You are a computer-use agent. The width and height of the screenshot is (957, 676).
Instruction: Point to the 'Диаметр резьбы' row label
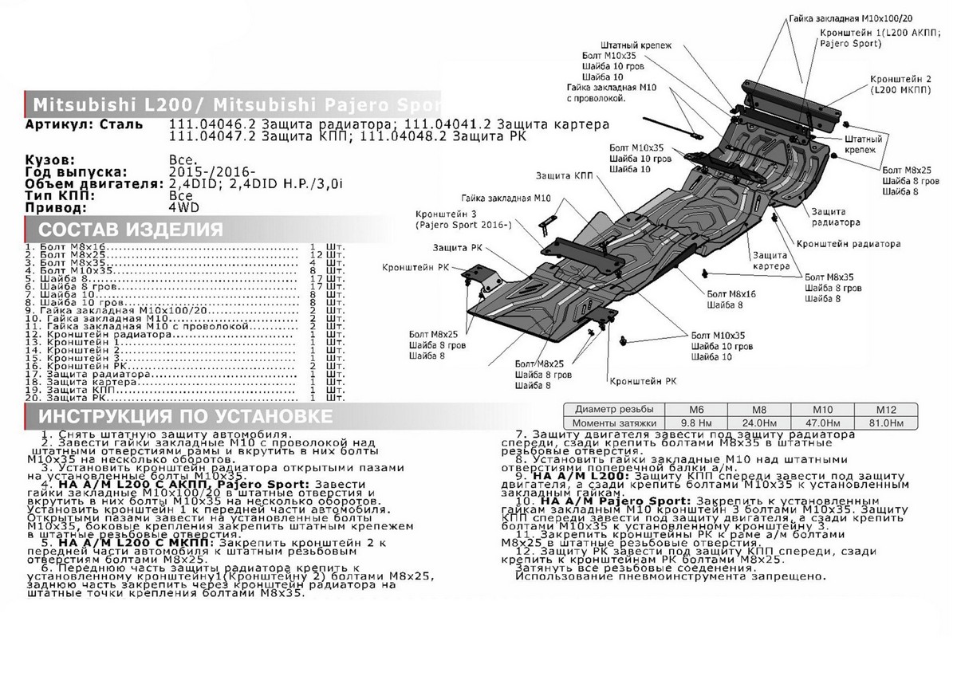pyautogui.click(x=608, y=408)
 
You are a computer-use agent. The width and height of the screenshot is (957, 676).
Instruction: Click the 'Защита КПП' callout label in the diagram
pyautogui.click(x=559, y=175)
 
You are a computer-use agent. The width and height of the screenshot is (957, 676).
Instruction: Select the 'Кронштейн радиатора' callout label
pyautogui.click(x=849, y=243)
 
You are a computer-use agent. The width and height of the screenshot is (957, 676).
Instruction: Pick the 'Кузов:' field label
pyautogui.click(x=49, y=160)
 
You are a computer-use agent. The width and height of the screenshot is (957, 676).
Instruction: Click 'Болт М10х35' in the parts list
pyautogui.click(x=67, y=272)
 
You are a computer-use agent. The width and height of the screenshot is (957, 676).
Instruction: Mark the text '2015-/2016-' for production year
pyautogui.click(x=212, y=171)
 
